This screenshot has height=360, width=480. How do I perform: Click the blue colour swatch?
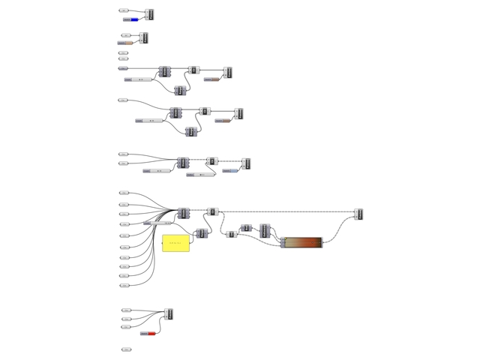click(134, 19)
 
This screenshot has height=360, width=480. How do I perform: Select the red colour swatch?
click(151, 334)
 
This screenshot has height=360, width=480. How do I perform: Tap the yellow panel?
click(176, 243)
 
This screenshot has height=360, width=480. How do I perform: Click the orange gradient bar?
click(303, 241)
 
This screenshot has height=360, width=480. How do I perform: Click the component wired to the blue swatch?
click(150, 14)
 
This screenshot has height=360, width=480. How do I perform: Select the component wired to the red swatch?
click(169, 313)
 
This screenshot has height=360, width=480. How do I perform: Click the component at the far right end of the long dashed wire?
click(358, 214)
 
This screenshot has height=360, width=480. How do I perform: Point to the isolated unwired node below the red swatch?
click(126, 349)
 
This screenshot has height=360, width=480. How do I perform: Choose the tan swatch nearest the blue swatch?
click(128, 43)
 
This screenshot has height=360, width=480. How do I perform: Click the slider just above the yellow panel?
click(157, 223)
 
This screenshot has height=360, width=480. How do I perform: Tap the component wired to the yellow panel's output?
click(201, 234)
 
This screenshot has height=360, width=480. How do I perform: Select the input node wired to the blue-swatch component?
click(124, 11)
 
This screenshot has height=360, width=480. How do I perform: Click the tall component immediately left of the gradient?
click(265, 230)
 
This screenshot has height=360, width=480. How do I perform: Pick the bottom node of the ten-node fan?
click(124, 286)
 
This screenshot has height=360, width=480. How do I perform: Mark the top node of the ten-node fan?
click(124, 193)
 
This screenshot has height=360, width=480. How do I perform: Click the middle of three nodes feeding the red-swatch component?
click(126, 319)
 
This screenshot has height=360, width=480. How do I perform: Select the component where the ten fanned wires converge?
click(184, 214)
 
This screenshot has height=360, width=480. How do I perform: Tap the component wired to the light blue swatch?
click(245, 163)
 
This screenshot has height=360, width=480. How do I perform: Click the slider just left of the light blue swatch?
click(201, 175)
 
